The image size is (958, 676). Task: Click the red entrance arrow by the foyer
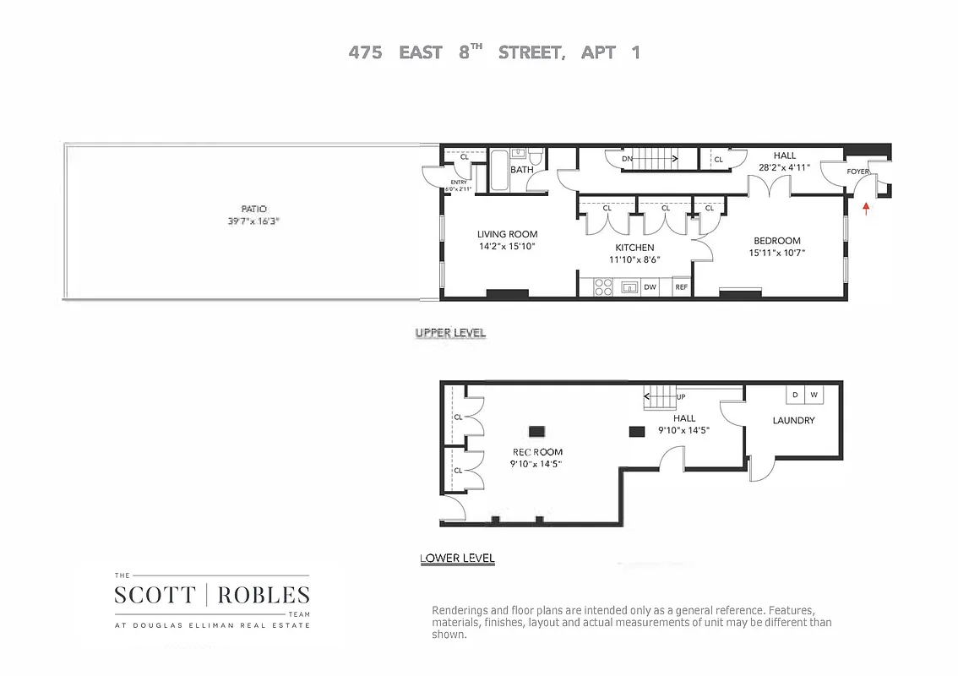pyautogui.click(x=866, y=208)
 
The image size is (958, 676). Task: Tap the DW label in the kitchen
pyautogui.click(x=650, y=287)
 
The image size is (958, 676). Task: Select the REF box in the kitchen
pyautogui.click(x=681, y=287)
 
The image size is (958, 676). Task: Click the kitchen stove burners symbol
pyautogui.click(x=603, y=287)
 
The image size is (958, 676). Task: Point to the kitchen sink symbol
pyautogui.click(x=629, y=287)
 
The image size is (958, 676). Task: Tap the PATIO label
pyautogui.click(x=253, y=209)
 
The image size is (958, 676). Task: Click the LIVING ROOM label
pyautogui.click(x=507, y=234)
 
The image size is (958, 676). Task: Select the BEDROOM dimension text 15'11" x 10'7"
pyautogui.click(x=776, y=252)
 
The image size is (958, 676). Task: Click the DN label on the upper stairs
pyautogui.click(x=627, y=158)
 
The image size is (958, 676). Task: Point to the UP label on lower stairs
pyautogui.click(x=681, y=396)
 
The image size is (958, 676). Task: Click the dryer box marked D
pyautogui.click(x=795, y=395)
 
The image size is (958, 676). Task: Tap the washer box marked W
pyautogui.click(x=814, y=395)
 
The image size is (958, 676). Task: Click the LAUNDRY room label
pyautogui.click(x=793, y=420)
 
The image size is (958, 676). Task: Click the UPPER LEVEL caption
pyautogui.click(x=450, y=333)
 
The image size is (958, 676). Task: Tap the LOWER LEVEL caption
pyautogui.click(x=457, y=558)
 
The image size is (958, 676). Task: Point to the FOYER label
pyautogui.click(x=859, y=172)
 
